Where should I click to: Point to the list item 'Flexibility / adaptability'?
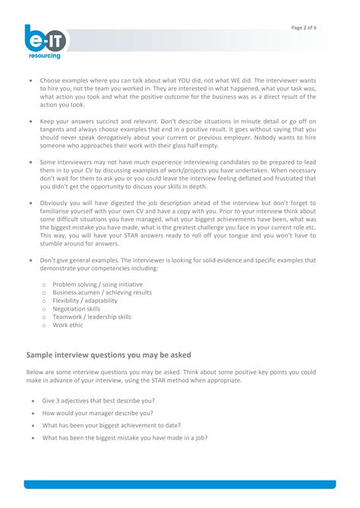click(x=85, y=301)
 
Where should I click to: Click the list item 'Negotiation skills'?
click(x=77, y=309)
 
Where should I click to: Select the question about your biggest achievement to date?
click(x=111, y=425)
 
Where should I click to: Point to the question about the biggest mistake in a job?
click(x=125, y=438)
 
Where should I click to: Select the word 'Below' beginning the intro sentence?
click(x=36, y=372)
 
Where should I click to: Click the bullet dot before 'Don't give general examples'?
click(x=30, y=260)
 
